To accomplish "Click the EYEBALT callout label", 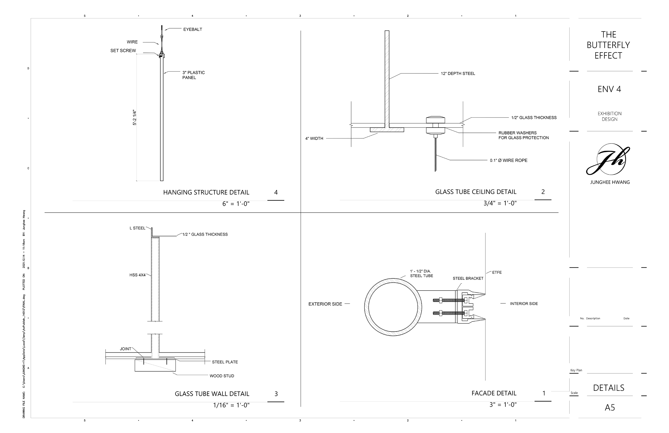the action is click(x=193, y=29).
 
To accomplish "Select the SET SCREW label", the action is click(x=123, y=51).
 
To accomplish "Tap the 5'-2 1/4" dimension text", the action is click(x=135, y=118).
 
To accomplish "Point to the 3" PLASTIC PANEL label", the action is click(x=193, y=75).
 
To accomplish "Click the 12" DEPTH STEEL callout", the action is click(x=458, y=74).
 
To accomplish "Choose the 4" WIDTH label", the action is click(x=314, y=138).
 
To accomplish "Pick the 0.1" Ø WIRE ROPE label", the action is click(x=508, y=161).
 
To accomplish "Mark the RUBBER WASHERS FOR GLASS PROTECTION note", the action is click(x=523, y=135).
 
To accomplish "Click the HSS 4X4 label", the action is click(x=137, y=275).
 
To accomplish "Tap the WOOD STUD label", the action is click(x=222, y=376).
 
